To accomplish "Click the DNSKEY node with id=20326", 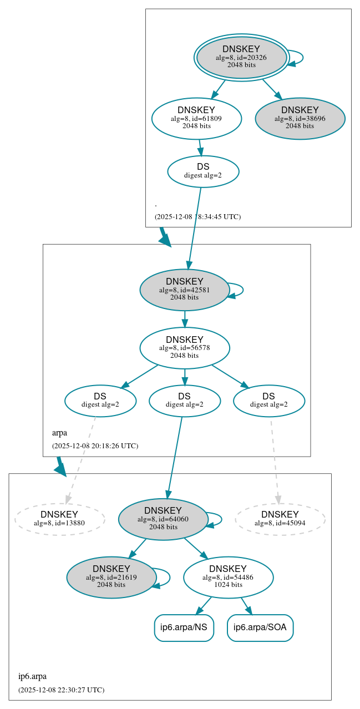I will point(241,57).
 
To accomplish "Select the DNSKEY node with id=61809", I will point(196,118).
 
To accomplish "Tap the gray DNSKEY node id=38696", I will point(300,118).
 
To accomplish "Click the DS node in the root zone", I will point(203,171).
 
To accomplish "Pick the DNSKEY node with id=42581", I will point(185,290).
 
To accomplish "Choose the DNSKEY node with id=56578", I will point(185,348).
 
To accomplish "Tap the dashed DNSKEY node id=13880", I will point(59,519).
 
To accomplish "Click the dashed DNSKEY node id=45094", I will point(280,519).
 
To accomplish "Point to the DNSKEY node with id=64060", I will point(163,519).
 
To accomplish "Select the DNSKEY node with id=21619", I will point(111,578).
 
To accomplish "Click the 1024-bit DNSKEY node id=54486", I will point(228,578).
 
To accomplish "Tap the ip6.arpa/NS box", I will point(184,627).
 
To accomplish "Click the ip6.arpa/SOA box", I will point(260,627).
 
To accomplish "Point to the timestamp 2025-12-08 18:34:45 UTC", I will point(197,216).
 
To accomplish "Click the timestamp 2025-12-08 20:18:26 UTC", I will point(95,445).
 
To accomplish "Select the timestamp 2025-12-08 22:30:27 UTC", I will point(61,690).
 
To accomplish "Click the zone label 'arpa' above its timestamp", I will point(59,433).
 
